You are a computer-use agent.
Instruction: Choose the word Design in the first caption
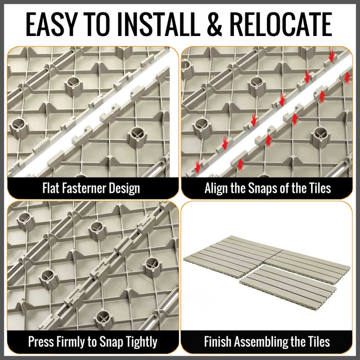[124, 188]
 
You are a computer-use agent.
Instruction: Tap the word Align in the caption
[217, 188]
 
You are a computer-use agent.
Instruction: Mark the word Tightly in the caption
[138, 342]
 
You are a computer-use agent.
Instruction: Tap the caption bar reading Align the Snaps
[267, 188]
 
